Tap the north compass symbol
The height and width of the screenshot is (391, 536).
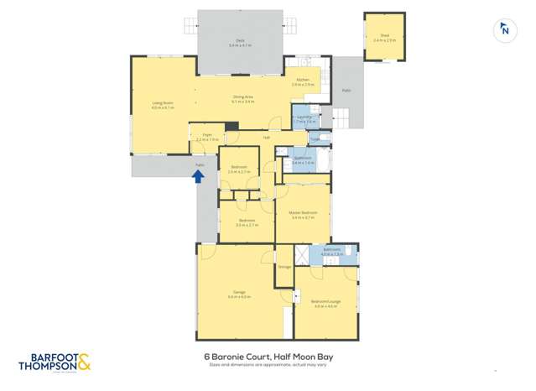504,30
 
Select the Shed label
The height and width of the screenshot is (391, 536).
385,35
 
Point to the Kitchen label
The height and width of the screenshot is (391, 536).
302,81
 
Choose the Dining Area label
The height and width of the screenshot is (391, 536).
243,98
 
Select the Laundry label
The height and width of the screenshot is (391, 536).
305,118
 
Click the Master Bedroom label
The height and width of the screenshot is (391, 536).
302,214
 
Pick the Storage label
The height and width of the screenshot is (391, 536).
284,268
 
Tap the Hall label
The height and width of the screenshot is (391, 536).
267,137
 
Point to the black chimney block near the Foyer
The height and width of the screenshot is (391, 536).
232,127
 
